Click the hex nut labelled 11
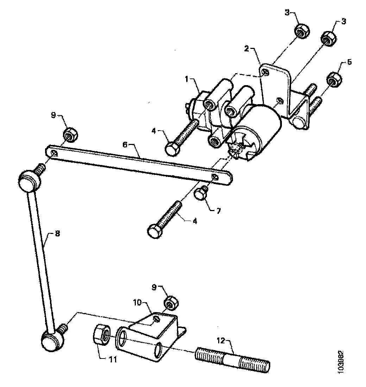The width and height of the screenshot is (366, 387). coord(101,334)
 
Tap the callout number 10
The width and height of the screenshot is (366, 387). coord(138,302)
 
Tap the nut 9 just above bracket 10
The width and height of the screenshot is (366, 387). coord(171,302)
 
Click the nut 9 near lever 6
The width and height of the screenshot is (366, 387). coord(70,135)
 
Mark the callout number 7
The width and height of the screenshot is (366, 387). coord(218,211)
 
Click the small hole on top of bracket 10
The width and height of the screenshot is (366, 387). coord(157,319)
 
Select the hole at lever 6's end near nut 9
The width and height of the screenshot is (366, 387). coord(53,153)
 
